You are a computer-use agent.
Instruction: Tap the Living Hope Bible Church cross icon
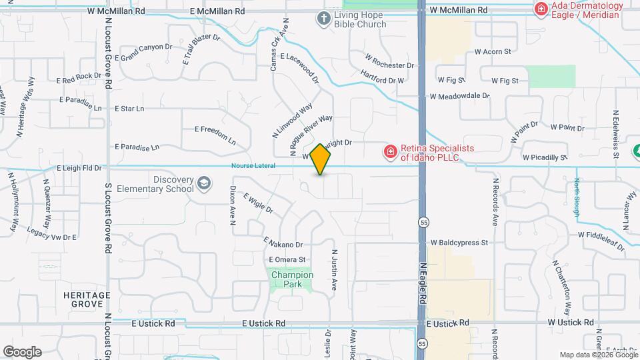324,18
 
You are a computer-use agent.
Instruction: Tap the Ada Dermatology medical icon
541,9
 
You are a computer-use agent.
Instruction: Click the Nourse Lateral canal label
253,166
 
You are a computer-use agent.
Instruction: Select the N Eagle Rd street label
422,284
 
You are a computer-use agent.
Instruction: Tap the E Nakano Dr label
283,243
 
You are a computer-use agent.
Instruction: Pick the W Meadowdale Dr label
459,96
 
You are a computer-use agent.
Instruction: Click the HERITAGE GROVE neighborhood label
86,299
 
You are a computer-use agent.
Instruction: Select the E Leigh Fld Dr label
79,169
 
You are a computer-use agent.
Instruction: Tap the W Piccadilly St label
545,158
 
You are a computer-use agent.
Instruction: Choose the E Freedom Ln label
215,135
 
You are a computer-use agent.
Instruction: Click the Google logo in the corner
22,351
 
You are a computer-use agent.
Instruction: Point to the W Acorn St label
492,51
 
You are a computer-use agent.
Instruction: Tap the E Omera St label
287,260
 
